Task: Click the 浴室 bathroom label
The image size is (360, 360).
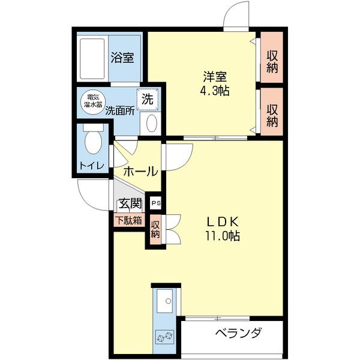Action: coord(122,58)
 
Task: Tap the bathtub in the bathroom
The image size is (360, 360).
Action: coord(92,59)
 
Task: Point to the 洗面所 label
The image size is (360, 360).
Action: coord(119,111)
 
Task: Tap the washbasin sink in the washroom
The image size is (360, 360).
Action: coord(151,124)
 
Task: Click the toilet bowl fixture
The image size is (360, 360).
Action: coord(92,143)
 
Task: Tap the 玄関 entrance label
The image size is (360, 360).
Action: coord(130,204)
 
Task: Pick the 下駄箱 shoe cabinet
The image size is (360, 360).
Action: coord(129,220)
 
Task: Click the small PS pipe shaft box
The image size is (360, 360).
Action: coord(155,203)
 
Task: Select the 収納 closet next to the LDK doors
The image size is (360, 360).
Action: coord(155,230)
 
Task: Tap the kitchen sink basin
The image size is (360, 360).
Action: coord(164,301)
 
